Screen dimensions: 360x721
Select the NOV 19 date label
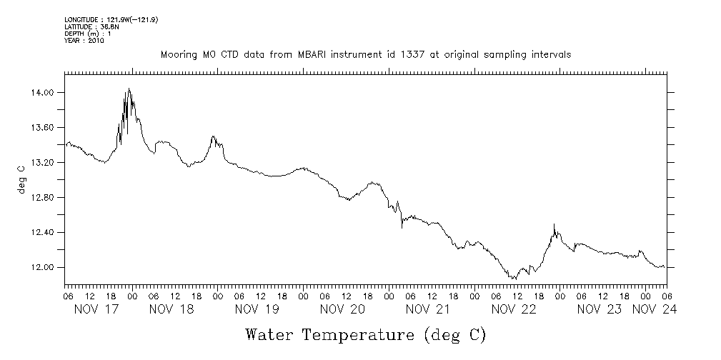point(257,309)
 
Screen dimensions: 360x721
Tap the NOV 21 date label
point(427,309)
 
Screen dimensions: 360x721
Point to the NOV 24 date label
point(655,309)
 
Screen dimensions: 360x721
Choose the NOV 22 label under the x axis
point(513,309)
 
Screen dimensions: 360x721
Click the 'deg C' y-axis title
point(21,179)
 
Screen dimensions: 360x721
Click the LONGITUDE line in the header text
point(111,20)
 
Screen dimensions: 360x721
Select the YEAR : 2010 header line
point(84,41)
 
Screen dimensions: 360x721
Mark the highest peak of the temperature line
point(129,89)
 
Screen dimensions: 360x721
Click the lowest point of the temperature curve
point(513,279)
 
